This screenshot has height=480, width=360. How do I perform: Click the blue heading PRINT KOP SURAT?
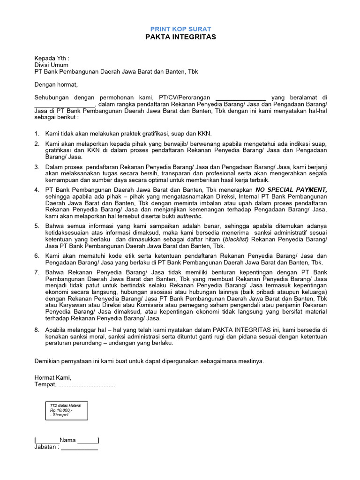pyautogui.click(x=180, y=29)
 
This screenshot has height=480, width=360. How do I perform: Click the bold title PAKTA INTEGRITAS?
pyautogui.click(x=180, y=37)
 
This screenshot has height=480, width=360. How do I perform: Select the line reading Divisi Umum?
pyautogui.click(x=52, y=65)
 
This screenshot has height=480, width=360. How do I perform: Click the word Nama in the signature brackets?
pyautogui.click(x=67, y=440)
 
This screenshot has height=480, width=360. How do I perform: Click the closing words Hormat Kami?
pyautogui.click(x=53, y=377)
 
